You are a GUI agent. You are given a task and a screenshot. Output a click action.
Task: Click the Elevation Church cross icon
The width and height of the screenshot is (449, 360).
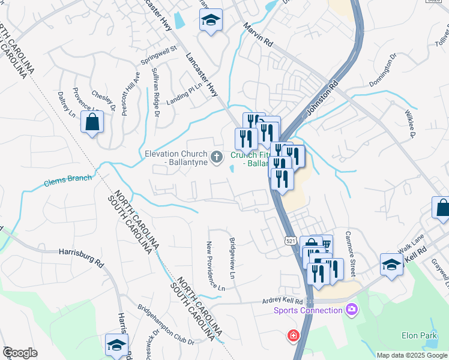[x=217, y=157]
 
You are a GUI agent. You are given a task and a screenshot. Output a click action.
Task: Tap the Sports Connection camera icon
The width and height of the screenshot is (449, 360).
[x=351, y=310]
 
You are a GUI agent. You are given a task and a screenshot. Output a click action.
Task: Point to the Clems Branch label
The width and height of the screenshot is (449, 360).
[x=68, y=180]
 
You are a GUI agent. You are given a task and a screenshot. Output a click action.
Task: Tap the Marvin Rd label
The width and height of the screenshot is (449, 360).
[x=258, y=35]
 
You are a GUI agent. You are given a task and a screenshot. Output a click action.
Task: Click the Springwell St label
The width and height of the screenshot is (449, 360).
[x=158, y=55]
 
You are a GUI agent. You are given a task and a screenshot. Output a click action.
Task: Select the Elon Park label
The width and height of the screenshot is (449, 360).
[x=420, y=335]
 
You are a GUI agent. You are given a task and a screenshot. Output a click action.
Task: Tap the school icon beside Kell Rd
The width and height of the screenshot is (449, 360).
[x=391, y=264]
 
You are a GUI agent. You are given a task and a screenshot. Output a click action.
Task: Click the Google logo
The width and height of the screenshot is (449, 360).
[x=20, y=353]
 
